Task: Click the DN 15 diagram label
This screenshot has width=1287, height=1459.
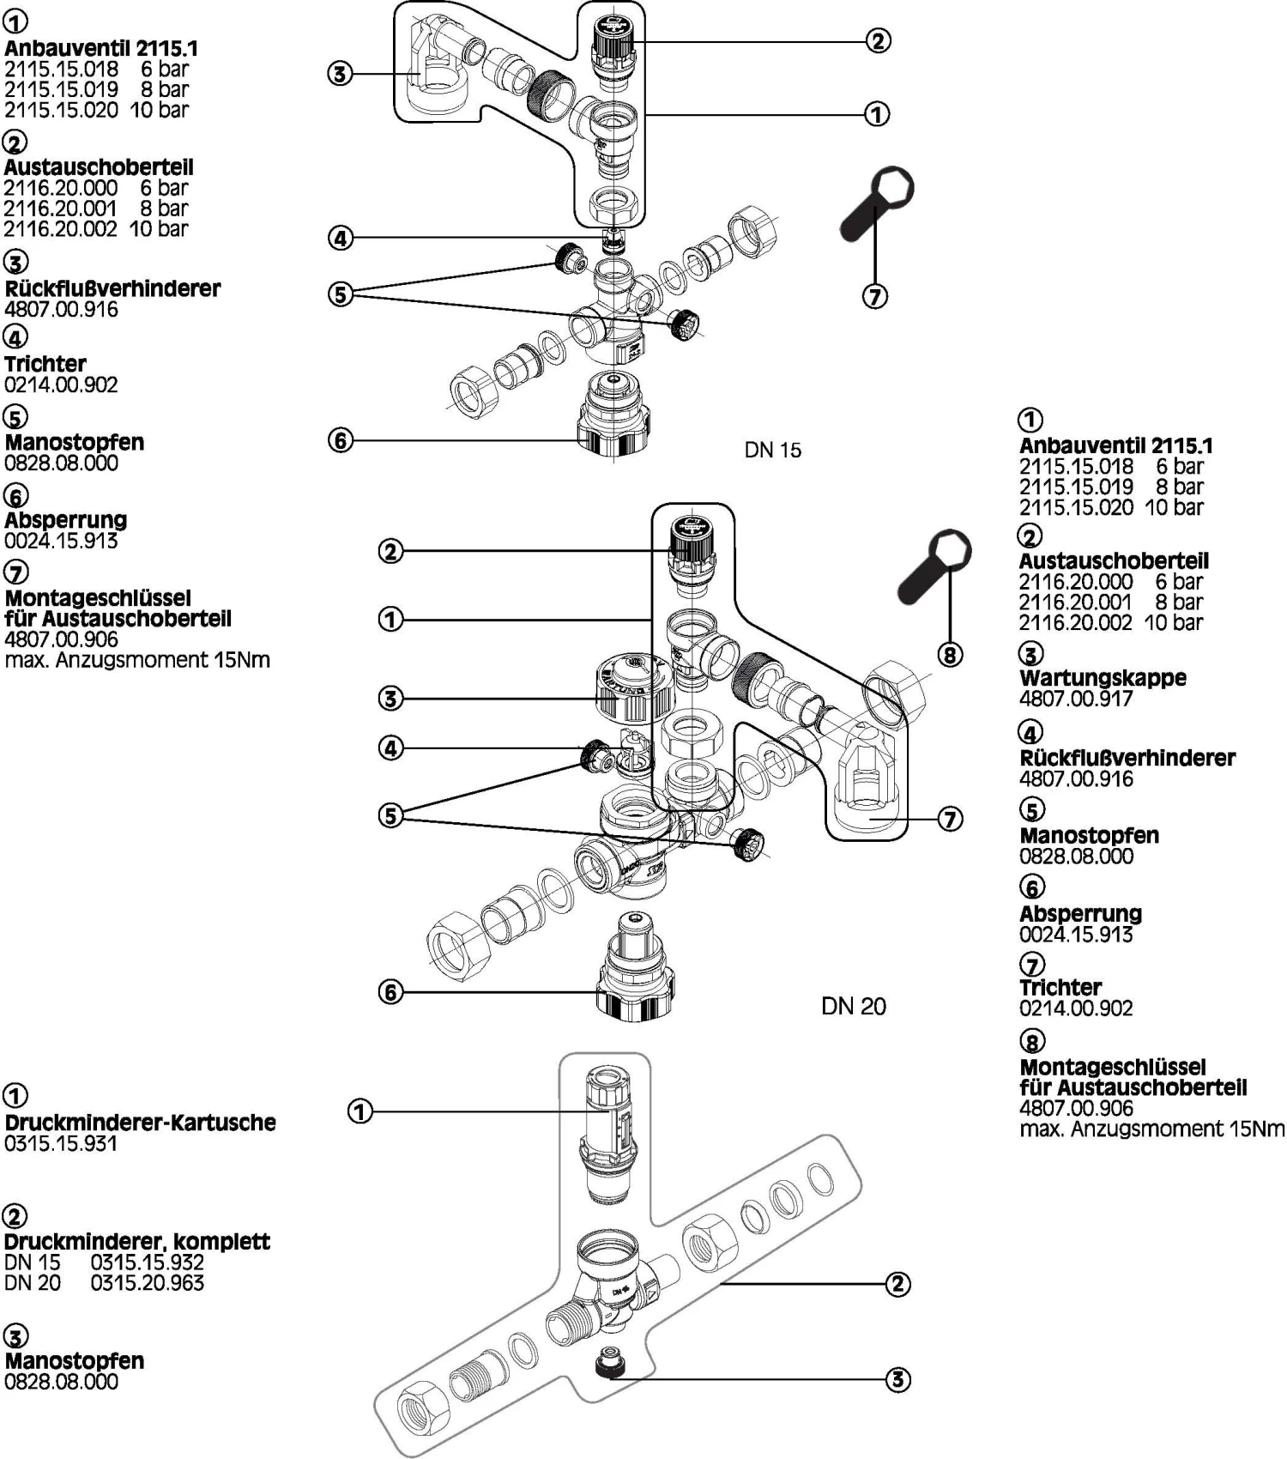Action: click(772, 450)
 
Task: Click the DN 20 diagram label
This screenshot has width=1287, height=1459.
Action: click(853, 1006)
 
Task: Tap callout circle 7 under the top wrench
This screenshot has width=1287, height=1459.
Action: click(874, 296)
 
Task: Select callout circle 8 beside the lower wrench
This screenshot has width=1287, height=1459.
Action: click(949, 655)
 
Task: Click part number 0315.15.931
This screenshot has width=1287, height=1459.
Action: click(61, 1143)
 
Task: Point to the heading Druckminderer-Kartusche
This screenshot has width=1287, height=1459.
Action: click(140, 1122)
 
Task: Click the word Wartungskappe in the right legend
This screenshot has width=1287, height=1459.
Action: click(1103, 677)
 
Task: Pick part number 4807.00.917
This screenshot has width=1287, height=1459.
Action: click(1076, 699)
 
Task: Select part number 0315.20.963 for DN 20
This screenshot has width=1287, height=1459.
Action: click(148, 1283)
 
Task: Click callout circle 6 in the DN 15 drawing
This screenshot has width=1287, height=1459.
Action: click(341, 441)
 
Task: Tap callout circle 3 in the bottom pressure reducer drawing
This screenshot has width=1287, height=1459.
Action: click(897, 1380)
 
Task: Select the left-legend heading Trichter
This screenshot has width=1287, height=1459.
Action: click(45, 363)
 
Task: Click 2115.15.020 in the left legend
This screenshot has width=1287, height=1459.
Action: click(61, 110)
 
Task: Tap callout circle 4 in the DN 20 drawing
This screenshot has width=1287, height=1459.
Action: click(390, 748)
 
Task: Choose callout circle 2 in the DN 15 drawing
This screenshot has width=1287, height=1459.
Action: click(878, 40)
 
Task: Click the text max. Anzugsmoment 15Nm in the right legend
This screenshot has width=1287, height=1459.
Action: click(1152, 1129)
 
